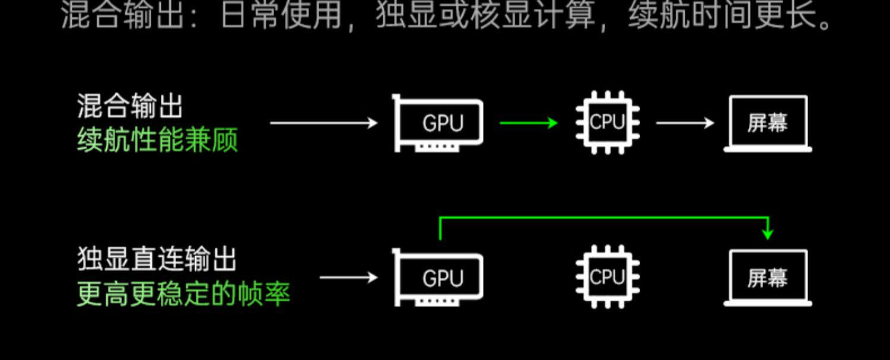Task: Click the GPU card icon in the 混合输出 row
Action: pyautogui.click(x=438, y=123)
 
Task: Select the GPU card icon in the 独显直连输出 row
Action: pyautogui.click(x=438, y=278)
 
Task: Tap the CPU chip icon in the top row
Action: pyautogui.click(x=608, y=123)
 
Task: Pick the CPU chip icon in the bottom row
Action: pyautogui.click(x=608, y=277)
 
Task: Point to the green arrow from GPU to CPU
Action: pyautogui.click(x=529, y=123)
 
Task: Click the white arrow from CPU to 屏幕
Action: pyautogui.click(x=685, y=123)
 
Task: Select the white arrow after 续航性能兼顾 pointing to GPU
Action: pyautogui.click(x=323, y=123)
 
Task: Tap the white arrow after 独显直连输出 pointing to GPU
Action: pyautogui.click(x=348, y=278)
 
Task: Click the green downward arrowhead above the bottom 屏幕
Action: pyautogui.click(x=768, y=234)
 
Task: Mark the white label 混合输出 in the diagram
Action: pyautogui.click(x=129, y=107)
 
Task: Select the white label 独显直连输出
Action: pyautogui.click(x=157, y=260)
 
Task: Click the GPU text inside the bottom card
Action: pyautogui.click(x=443, y=278)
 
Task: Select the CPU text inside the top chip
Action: pyautogui.click(x=608, y=122)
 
